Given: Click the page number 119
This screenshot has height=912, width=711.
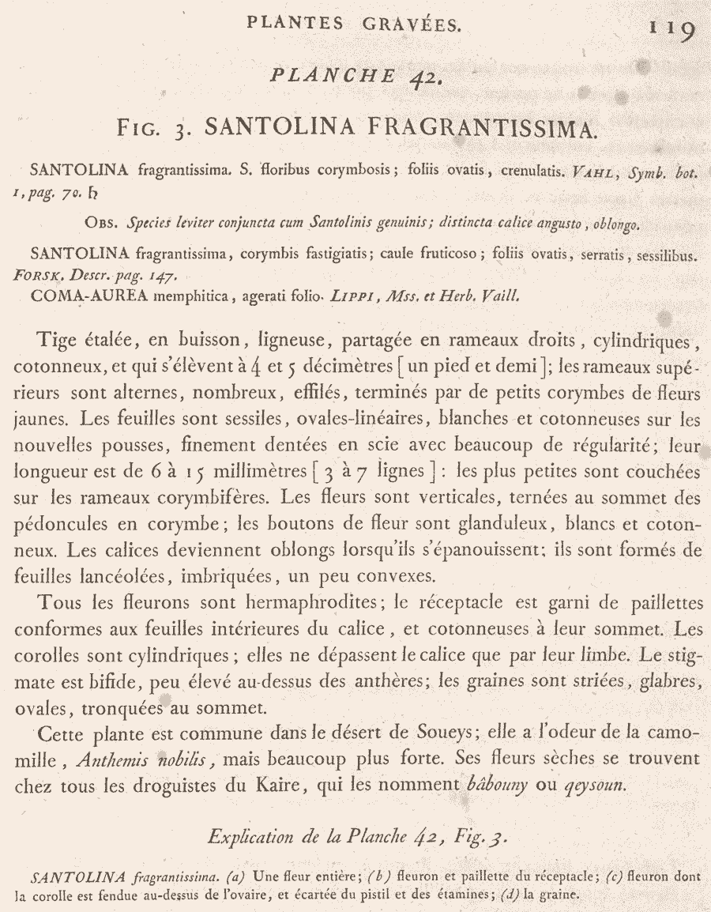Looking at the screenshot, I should pos(671,28).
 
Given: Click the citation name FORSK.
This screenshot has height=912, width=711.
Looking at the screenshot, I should pos(39,277).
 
